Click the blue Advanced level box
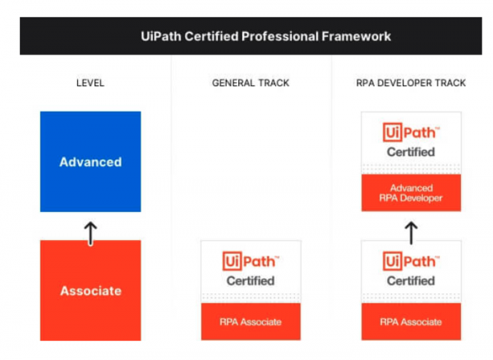pyautogui.click(x=90, y=162)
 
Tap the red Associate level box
pyautogui.click(x=90, y=290)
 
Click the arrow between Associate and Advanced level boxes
pyautogui.click(x=90, y=233)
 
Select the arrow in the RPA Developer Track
pyautogui.click(x=412, y=232)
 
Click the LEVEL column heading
pyautogui.click(x=90, y=83)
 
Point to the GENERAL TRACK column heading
pyautogui.click(x=251, y=83)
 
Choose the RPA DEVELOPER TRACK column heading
pyautogui.click(x=412, y=83)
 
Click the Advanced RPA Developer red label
pyautogui.click(x=412, y=193)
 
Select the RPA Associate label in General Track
pyautogui.click(x=251, y=321)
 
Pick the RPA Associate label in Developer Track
pyautogui.click(x=412, y=321)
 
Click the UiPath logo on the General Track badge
pyautogui.click(x=251, y=261)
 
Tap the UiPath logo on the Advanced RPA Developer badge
pyautogui.click(x=412, y=132)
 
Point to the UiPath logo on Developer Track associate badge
pyautogui.click(x=412, y=261)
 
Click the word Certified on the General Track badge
pyautogui.click(x=251, y=281)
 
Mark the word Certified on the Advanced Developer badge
pyautogui.click(x=412, y=152)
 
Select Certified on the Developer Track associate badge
pyautogui.click(x=412, y=281)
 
